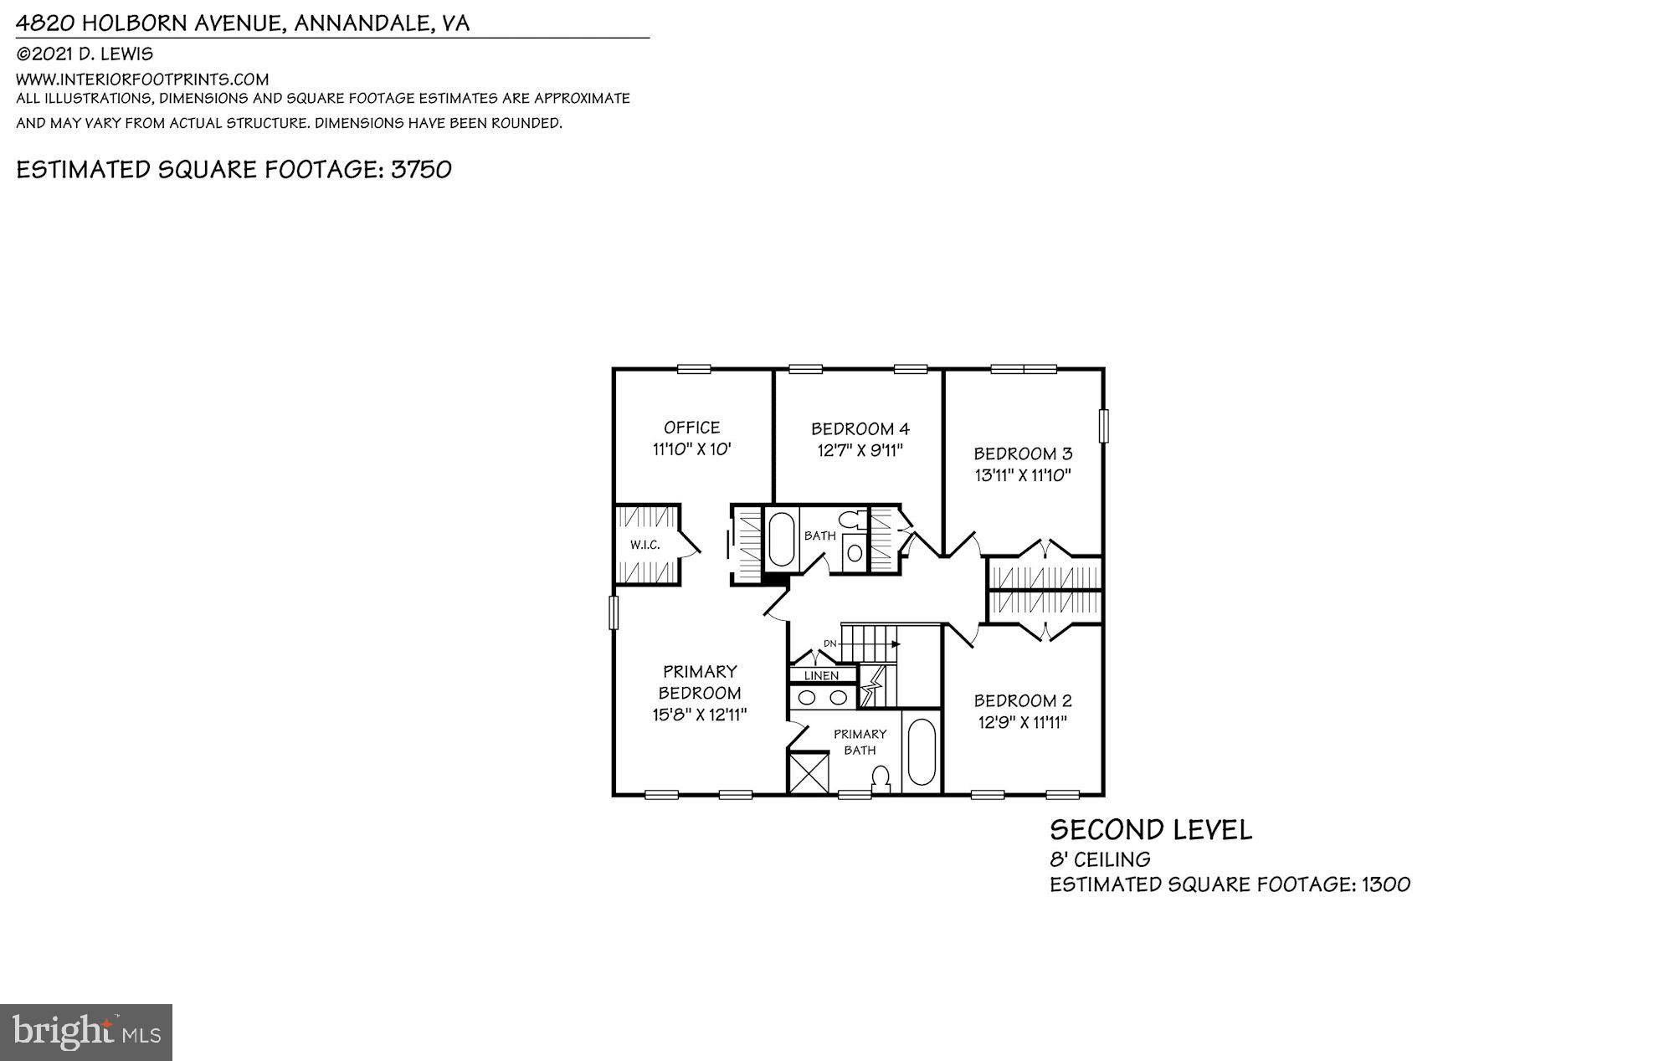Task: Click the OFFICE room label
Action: click(691, 428)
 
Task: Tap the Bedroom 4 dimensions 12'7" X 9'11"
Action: click(860, 450)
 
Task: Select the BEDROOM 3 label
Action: click(1022, 454)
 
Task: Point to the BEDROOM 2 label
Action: click(1022, 700)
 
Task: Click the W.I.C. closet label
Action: click(644, 545)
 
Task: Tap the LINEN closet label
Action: click(821, 675)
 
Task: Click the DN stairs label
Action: click(829, 643)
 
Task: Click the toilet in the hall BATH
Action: click(850, 519)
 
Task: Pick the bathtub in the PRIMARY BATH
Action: click(921, 751)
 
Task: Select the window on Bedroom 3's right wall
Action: click(1103, 425)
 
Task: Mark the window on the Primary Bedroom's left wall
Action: click(613, 612)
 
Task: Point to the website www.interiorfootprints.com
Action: click(142, 79)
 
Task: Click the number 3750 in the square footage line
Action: click(421, 169)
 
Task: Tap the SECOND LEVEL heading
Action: click(1151, 830)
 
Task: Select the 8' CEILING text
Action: click(1100, 859)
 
